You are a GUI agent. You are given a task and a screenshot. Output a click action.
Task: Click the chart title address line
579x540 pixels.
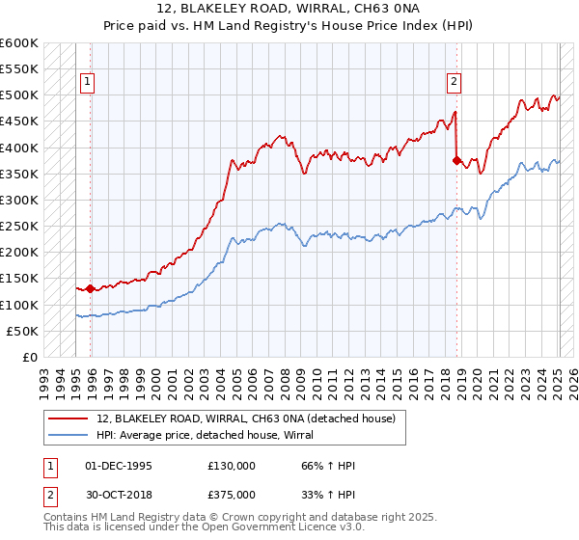pyautogui.click(x=289, y=9)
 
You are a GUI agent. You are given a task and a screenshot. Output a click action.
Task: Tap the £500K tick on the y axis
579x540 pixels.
pyautogui.click(x=18, y=95)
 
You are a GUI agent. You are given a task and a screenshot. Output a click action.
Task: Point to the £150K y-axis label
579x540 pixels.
pyautogui.click(x=18, y=279)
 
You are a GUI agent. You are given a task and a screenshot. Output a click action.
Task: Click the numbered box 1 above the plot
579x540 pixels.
pyautogui.click(x=87, y=83)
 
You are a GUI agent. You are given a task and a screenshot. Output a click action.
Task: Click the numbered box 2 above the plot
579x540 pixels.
pyautogui.click(x=453, y=83)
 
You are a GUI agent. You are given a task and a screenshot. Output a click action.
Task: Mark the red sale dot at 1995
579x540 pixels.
pyautogui.click(x=91, y=288)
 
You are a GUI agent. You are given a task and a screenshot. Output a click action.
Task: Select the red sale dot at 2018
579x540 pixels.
pyautogui.click(x=456, y=161)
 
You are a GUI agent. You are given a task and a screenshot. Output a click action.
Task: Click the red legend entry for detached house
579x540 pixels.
pyautogui.click(x=246, y=418)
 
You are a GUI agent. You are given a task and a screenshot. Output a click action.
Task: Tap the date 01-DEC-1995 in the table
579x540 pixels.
pyautogui.click(x=119, y=465)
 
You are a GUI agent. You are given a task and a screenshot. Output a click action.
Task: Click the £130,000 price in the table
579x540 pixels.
pyautogui.click(x=232, y=465)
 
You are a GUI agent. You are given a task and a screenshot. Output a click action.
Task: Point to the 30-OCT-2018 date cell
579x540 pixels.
pyautogui.click(x=119, y=494)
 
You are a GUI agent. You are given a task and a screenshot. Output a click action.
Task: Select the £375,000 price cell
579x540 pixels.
pyautogui.click(x=232, y=494)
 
